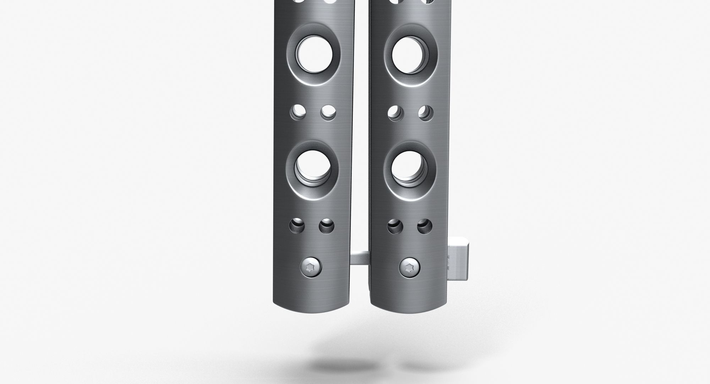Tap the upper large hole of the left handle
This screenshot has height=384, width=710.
point(315,54)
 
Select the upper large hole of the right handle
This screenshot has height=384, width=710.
point(409,54)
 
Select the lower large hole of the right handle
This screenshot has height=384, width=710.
point(409,168)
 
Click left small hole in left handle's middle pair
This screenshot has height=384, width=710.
point(299,113)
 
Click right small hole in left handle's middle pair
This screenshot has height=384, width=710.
point(328,113)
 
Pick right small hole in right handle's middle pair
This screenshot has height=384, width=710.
point(425,113)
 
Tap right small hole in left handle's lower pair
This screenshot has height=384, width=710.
point(326,226)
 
